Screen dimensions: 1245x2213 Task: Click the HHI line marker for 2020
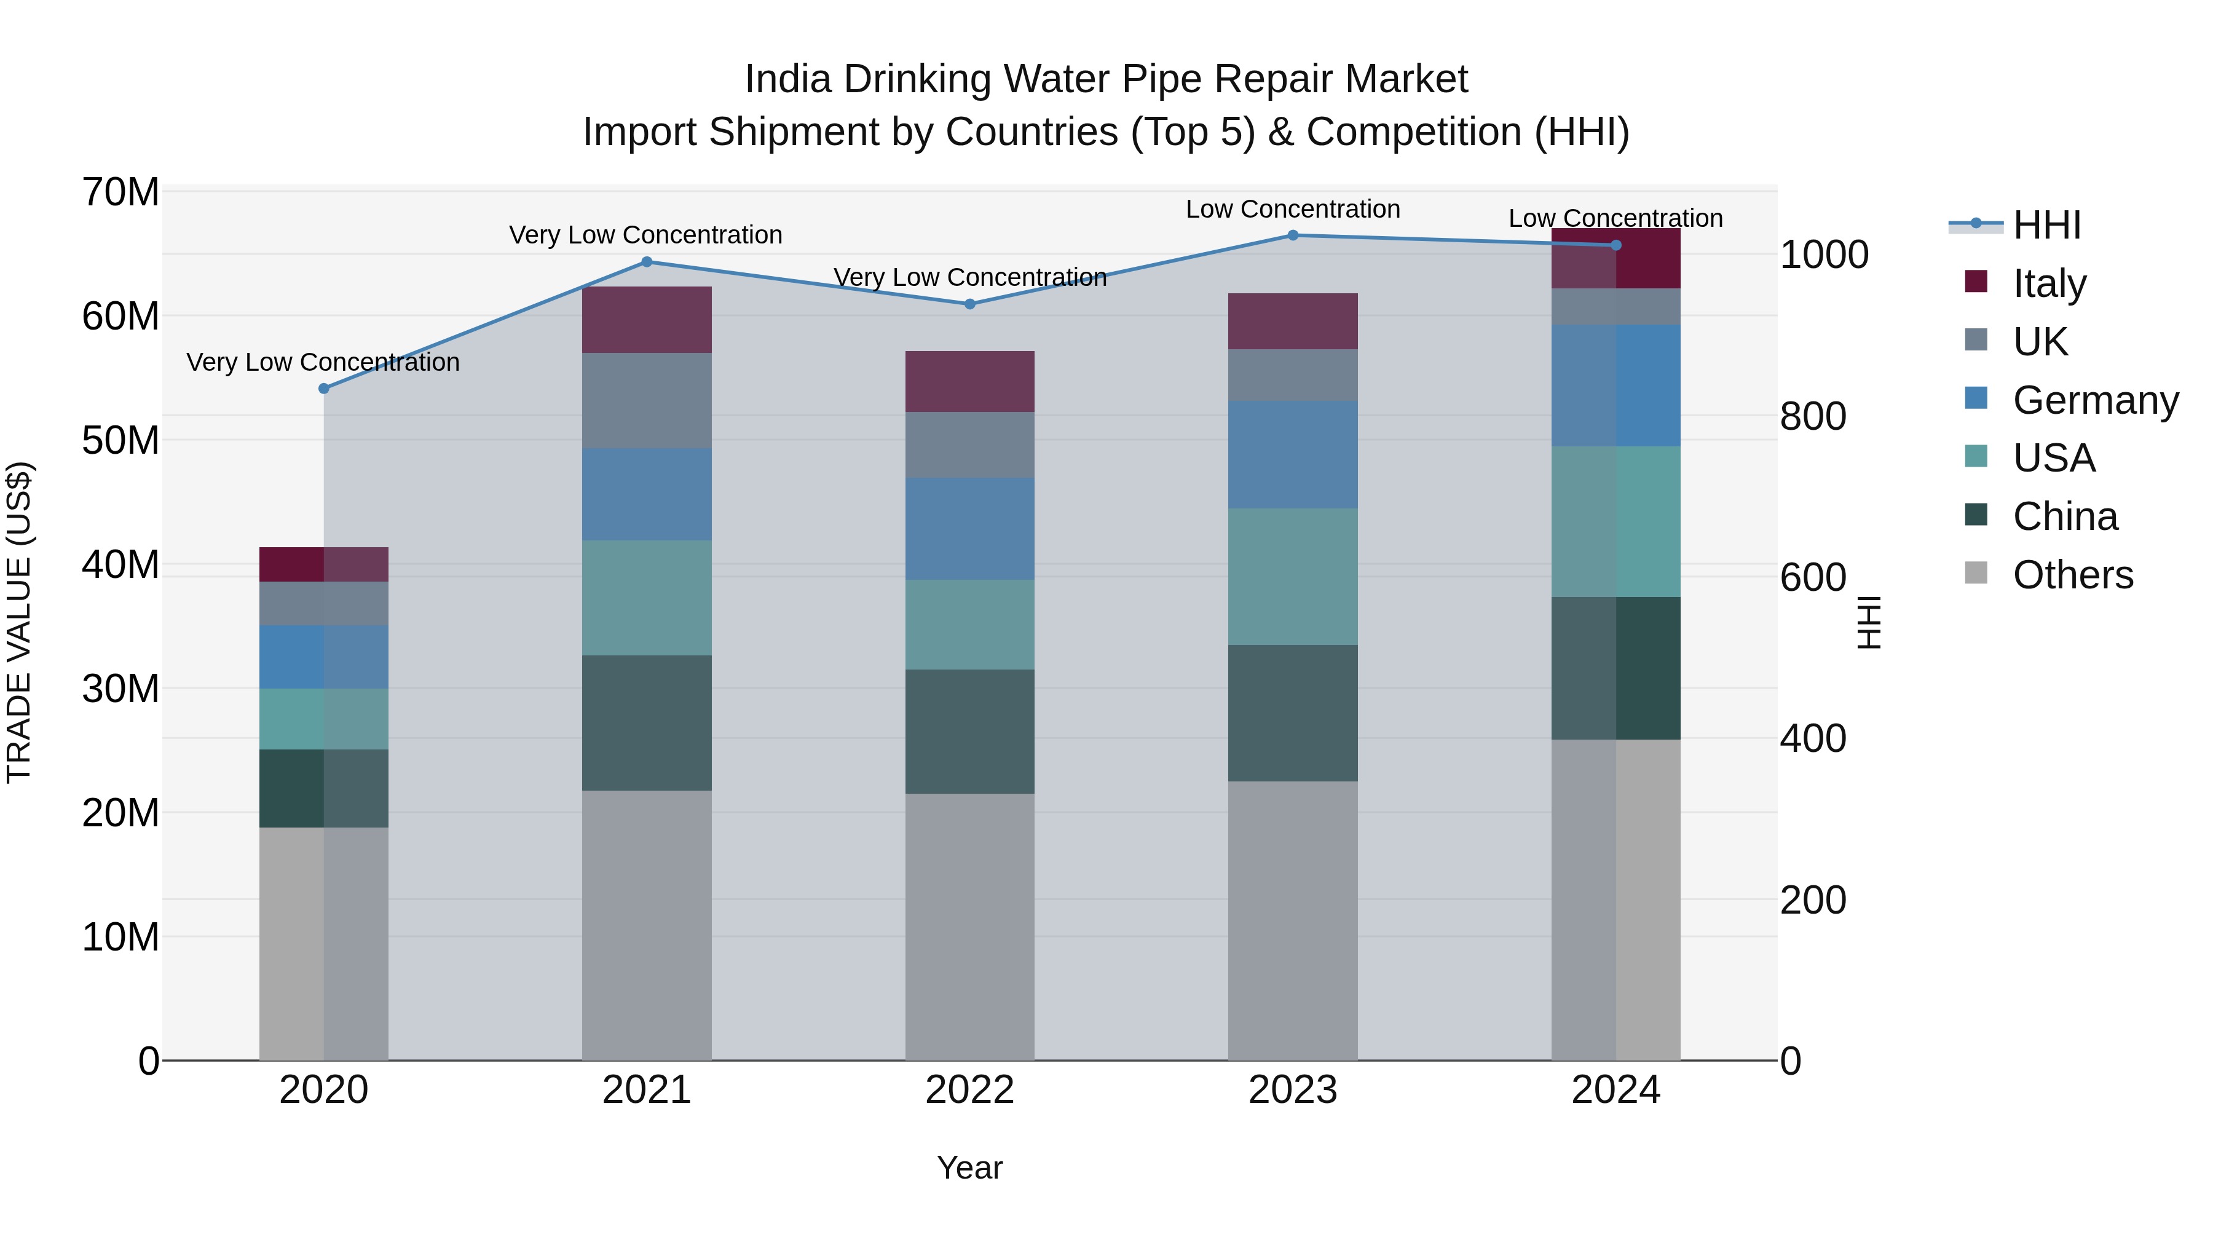coord(324,389)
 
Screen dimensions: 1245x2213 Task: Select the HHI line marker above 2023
coord(1292,235)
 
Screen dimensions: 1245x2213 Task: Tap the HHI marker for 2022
coord(970,304)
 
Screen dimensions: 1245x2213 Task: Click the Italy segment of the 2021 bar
coord(647,320)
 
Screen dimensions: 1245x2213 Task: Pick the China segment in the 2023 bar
coord(1292,713)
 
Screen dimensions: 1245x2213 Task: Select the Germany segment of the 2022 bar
coord(970,528)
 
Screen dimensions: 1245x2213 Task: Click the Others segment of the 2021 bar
coord(647,925)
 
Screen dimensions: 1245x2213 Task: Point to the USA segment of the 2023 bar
coord(1292,577)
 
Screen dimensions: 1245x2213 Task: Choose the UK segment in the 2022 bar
coord(970,445)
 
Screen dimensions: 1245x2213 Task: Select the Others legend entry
coord(2072,575)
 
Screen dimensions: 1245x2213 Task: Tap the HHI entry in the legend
coord(2046,225)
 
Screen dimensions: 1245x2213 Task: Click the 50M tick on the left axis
coord(120,441)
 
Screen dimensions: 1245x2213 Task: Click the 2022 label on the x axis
coord(970,1090)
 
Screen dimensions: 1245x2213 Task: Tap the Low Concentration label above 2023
coord(1292,209)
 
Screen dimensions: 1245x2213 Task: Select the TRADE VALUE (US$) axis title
coord(19,622)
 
